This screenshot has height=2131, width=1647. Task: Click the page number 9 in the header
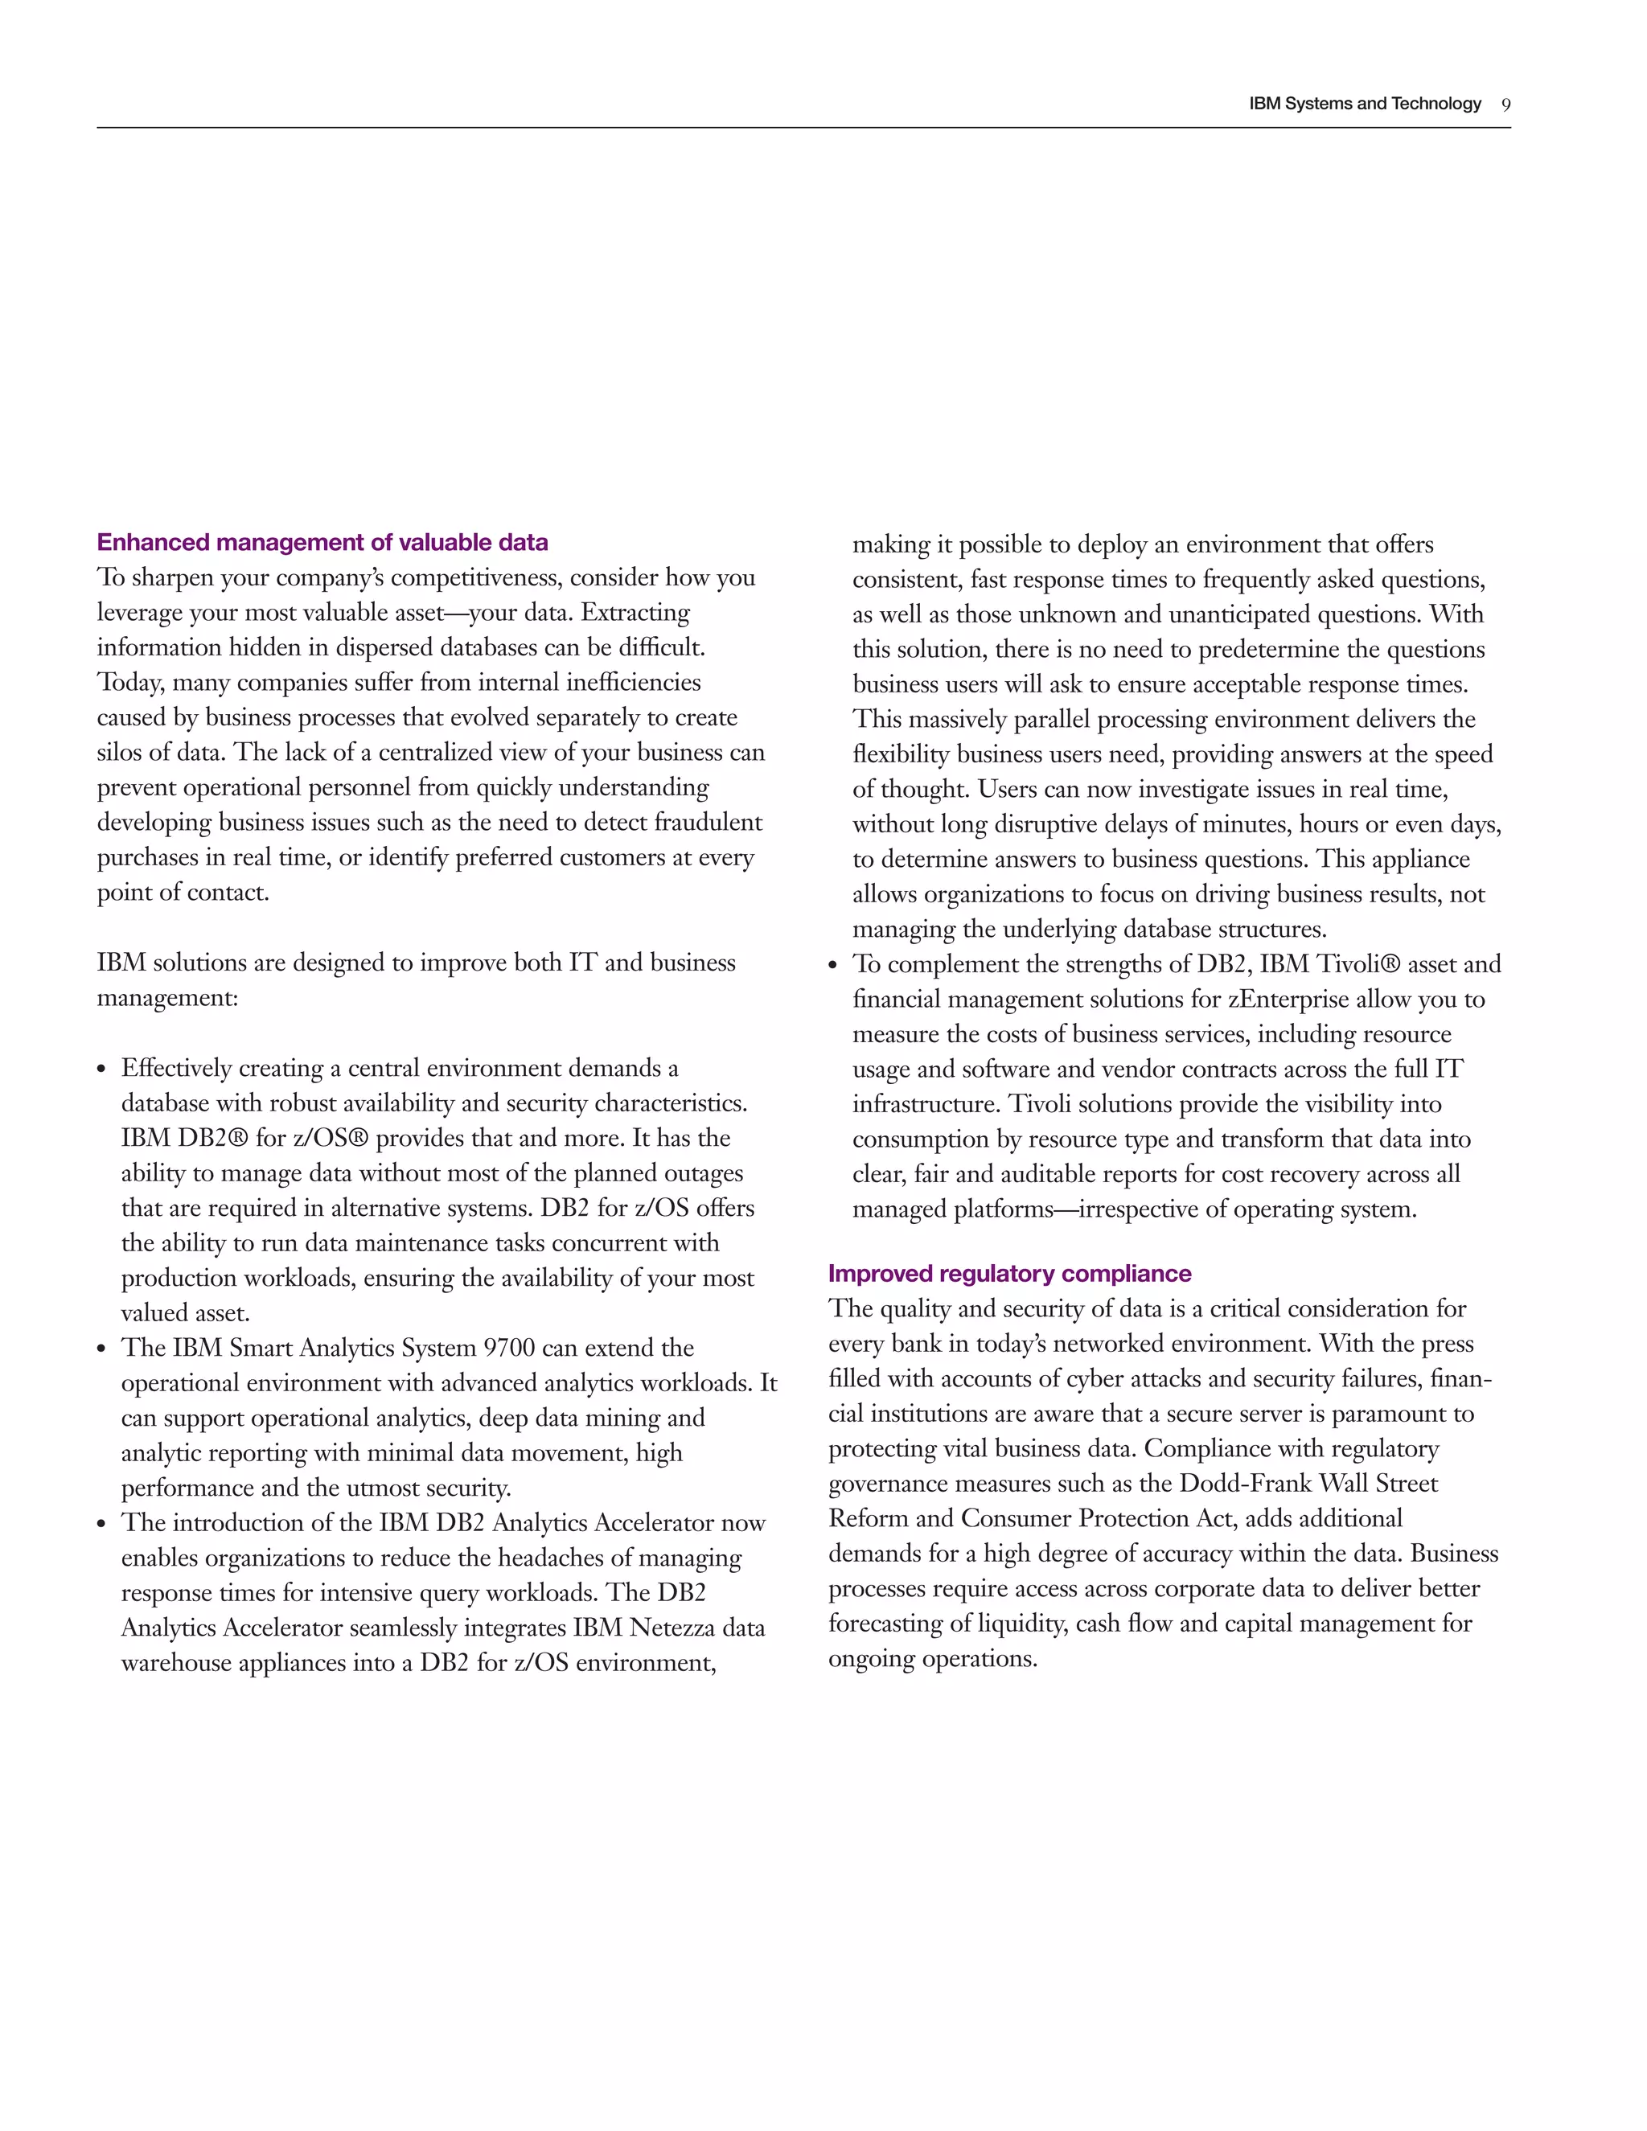(x=1505, y=105)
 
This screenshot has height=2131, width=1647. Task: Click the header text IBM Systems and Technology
(x=1364, y=104)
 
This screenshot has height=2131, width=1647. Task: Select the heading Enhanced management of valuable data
(x=322, y=543)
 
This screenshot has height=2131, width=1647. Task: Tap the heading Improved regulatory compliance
(x=1009, y=1273)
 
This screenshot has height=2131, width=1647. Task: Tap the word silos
(x=121, y=753)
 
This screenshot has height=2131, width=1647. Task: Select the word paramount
(x=1386, y=1414)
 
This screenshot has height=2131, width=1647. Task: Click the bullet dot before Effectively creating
(x=101, y=1070)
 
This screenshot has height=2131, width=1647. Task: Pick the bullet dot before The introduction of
(x=101, y=1525)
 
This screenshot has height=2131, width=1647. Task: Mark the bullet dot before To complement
(x=832, y=966)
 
